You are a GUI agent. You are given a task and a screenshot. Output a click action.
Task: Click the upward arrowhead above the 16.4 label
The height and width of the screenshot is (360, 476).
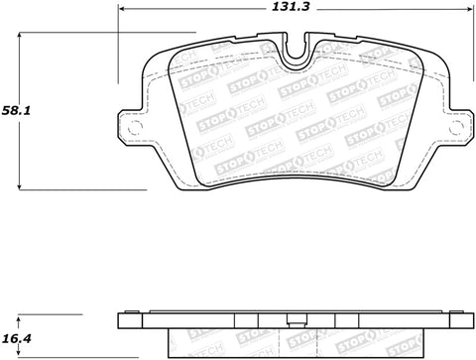click(22, 320)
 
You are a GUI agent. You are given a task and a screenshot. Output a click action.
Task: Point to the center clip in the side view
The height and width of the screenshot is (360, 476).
click(294, 321)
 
